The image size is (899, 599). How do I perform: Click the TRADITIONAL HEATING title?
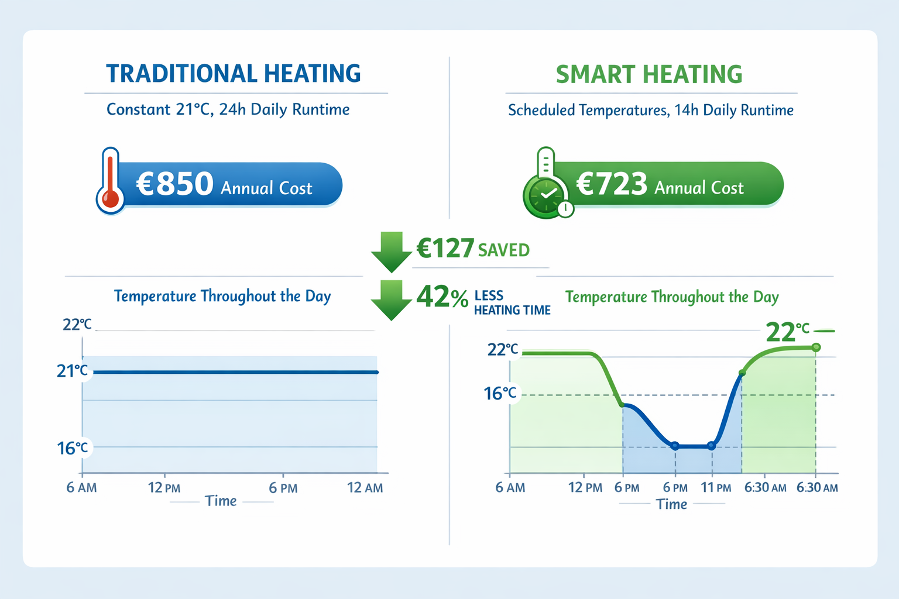point(234,74)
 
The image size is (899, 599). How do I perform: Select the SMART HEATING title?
point(649,75)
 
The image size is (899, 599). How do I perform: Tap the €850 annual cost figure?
point(175,184)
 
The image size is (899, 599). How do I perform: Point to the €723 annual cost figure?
point(612,184)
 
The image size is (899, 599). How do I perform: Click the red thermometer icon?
point(110,181)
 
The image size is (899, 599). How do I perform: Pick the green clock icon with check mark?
point(546,195)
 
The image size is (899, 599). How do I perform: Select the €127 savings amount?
point(445,249)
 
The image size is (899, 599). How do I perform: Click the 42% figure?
point(442,297)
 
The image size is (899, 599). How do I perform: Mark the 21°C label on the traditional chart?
point(73,371)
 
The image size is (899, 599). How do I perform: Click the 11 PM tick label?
point(716,488)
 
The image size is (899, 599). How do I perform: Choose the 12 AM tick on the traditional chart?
point(365,488)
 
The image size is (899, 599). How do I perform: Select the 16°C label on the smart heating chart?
point(500,394)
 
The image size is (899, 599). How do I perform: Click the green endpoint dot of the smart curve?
point(816,347)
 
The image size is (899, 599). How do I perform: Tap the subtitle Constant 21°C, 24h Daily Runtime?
point(228,110)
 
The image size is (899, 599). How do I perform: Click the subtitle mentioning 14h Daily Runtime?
point(650,111)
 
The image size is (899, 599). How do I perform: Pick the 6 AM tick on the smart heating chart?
point(510,488)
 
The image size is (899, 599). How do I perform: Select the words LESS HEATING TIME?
point(512,303)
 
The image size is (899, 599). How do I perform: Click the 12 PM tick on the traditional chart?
point(164,488)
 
